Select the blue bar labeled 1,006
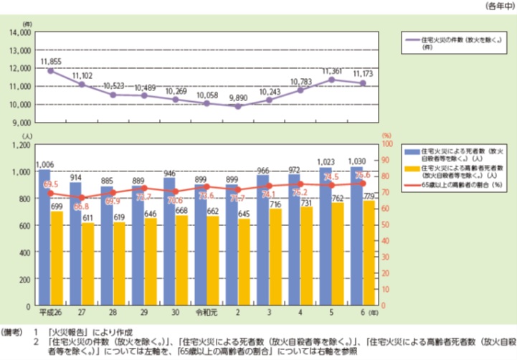[x=45, y=237]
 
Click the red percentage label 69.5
[x=50, y=184]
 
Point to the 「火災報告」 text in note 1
[x=68, y=333]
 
